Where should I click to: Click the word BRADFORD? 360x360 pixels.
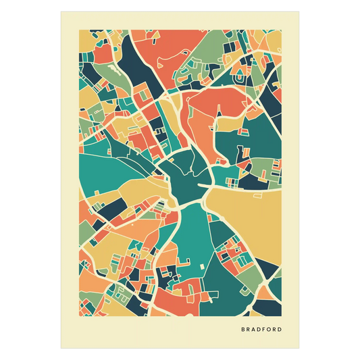pos(261,330)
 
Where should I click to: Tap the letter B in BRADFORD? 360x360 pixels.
pos(242,330)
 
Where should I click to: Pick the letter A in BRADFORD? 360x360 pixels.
pos(252,330)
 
